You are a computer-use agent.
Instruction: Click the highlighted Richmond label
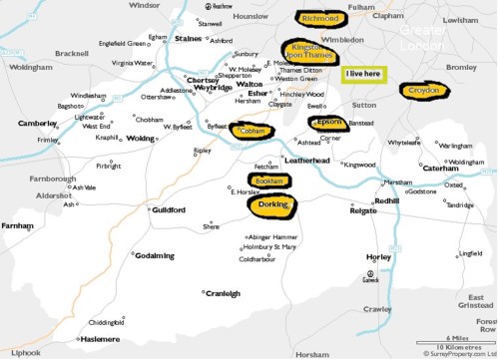[x=320, y=18]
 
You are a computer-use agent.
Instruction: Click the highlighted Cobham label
[x=251, y=131]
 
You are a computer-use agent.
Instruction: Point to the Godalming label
[x=155, y=255]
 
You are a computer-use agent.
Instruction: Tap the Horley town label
[x=379, y=257]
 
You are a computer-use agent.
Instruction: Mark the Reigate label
[x=362, y=211]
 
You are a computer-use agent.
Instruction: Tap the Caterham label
[x=441, y=169]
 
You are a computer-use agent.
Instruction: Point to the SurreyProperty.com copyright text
[x=459, y=353]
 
